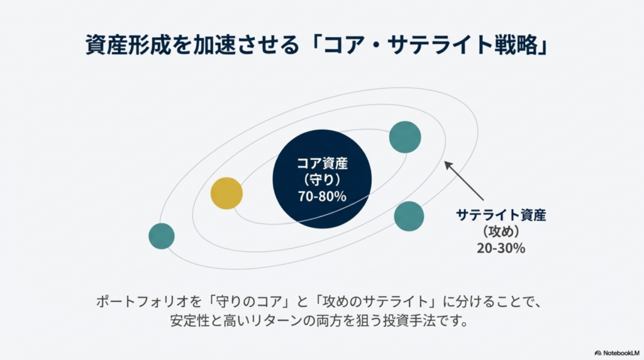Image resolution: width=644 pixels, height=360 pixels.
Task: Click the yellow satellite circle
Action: coord(226,193)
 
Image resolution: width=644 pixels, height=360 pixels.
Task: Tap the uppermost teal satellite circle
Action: coord(405,137)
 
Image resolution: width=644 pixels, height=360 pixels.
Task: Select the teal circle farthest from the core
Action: coord(162,236)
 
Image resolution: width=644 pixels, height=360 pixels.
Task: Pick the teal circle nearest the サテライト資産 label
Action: coord(409,217)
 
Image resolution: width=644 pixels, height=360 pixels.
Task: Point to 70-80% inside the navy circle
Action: coord(322,196)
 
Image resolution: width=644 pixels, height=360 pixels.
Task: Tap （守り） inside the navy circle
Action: coord(322,179)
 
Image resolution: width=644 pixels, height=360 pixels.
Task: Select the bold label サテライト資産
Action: coord(501,215)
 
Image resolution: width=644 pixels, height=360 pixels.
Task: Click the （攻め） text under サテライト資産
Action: coord(501,231)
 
